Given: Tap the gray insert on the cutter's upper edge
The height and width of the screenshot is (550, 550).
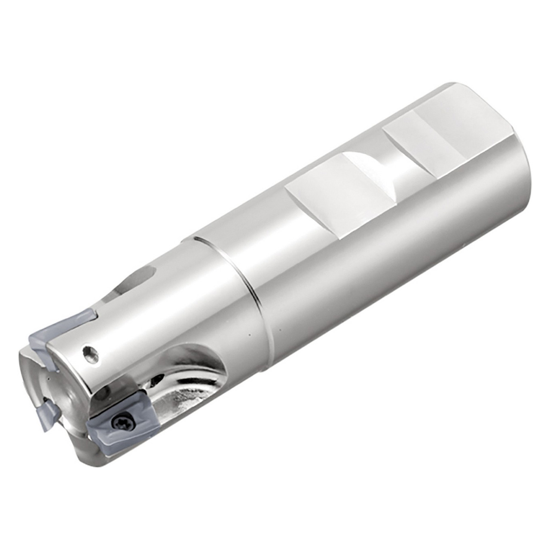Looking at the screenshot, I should pyautogui.click(x=64, y=331).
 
